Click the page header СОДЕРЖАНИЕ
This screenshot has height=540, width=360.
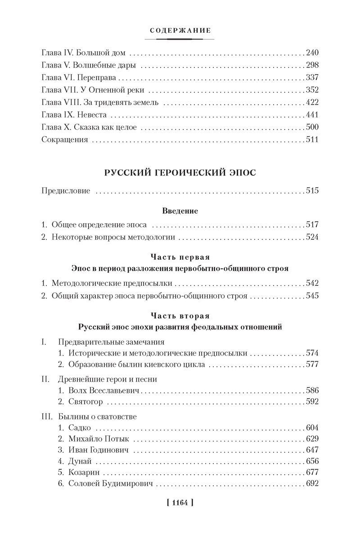(180, 31)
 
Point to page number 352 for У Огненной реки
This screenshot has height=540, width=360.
(311, 90)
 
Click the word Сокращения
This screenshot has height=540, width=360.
(64, 139)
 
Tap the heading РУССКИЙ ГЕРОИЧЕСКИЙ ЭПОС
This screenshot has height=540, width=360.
(180, 174)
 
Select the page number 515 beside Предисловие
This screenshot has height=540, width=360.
(311, 191)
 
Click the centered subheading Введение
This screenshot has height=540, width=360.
(180, 210)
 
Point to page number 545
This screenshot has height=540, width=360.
(311, 296)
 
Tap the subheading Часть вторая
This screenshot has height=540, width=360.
(180, 316)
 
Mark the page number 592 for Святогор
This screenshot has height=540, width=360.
(311, 402)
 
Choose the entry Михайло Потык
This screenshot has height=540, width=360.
(94, 439)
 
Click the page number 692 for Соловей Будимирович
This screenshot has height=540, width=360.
(311, 484)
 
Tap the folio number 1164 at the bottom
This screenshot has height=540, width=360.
(180, 502)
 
